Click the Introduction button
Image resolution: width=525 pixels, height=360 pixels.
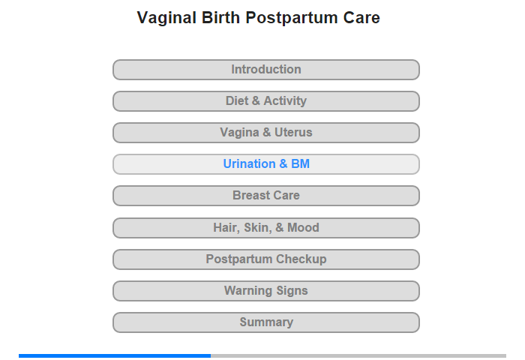pyautogui.click(x=266, y=70)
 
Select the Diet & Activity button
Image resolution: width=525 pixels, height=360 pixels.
pyautogui.click(x=266, y=101)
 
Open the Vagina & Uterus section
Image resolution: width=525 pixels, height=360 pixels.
pyautogui.click(x=266, y=133)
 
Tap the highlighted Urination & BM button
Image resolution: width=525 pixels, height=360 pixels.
pyautogui.click(x=266, y=164)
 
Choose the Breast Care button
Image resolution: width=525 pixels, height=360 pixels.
pyautogui.click(x=266, y=196)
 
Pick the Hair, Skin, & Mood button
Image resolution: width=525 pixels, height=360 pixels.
pyautogui.click(x=266, y=228)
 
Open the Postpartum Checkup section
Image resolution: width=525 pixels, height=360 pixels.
pyautogui.click(x=266, y=259)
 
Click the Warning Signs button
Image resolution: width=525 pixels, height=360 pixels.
pyautogui.click(x=266, y=291)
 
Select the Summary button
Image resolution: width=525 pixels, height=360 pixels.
pyautogui.click(x=266, y=322)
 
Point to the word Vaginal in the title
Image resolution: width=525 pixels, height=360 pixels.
pyautogui.click(x=166, y=18)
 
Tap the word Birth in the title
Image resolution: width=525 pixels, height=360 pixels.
pyautogui.click(x=220, y=17)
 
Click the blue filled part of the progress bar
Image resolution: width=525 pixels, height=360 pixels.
pyautogui.click(x=115, y=355)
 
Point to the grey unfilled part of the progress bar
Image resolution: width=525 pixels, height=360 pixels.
pyautogui.click(x=358, y=355)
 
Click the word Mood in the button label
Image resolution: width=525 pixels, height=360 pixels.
pyautogui.click(x=303, y=228)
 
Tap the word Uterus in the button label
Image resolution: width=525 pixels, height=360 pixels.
pyautogui.click(x=293, y=132)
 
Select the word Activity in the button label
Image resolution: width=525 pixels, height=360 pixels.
pyautogui.click(x=285, y=100)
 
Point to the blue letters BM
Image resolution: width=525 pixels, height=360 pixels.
pyautogui.click(x=300, y=163)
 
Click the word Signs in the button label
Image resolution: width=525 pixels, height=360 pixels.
pyautogui.click(x=292, y=291)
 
